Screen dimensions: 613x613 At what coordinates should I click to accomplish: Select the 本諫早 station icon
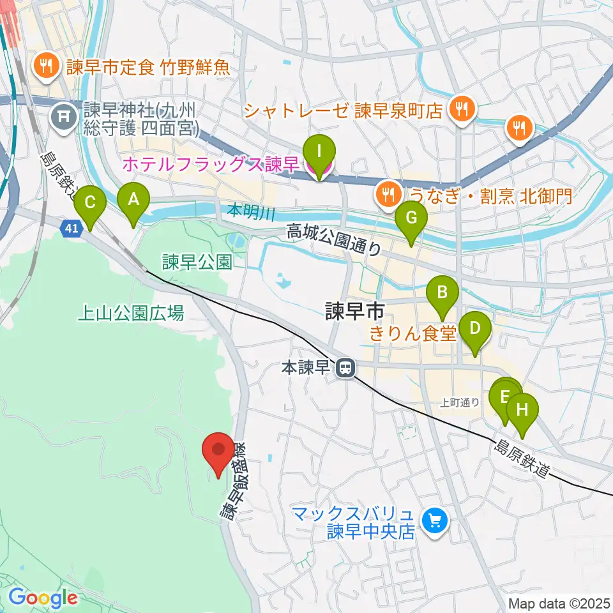[346, 368]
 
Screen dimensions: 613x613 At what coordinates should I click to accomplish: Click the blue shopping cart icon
[435, 521]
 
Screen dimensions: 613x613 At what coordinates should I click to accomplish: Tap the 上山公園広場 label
[130, 313]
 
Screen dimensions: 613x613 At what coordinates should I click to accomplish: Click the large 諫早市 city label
[354, 311]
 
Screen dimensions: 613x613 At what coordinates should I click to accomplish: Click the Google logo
[43, 598]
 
